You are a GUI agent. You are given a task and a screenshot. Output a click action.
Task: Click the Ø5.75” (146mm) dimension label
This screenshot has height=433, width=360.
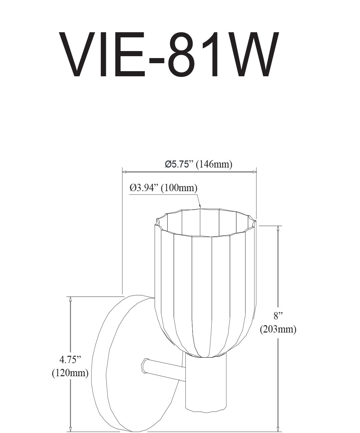point(198,164)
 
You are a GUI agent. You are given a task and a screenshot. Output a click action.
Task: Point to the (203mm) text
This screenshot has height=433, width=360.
point(278,329)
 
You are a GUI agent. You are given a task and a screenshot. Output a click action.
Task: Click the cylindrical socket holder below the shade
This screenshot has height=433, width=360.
point(206,383)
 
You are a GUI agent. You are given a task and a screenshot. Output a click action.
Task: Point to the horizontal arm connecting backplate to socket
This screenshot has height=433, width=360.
point(167,370)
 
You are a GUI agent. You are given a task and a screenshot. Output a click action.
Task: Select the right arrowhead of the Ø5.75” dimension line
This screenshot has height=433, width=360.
point(254,172)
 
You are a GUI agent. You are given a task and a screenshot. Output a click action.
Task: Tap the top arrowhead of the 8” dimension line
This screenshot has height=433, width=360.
point(279,228)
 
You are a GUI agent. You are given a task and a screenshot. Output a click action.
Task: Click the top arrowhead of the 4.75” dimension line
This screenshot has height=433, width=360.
point(70,299)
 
